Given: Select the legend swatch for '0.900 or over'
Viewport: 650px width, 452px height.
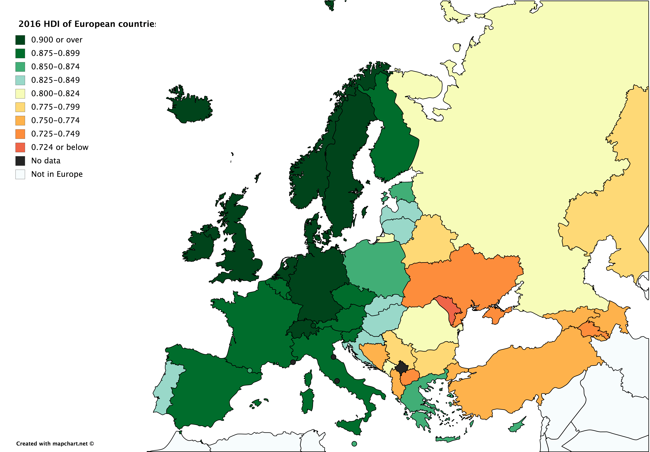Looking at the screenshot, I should pos(20,40).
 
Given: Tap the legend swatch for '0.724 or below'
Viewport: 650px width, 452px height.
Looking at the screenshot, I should pos(20,147).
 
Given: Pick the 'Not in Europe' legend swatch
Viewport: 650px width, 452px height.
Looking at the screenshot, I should pos(20,174).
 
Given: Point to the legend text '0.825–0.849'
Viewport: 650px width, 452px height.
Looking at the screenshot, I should pos(55,80).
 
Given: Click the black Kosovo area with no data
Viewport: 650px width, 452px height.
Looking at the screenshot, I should pos(401,368).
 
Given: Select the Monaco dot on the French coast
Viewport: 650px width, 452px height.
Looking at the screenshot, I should pos(293,362).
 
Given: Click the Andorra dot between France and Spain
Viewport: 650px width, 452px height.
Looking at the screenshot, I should pos(250,370).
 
